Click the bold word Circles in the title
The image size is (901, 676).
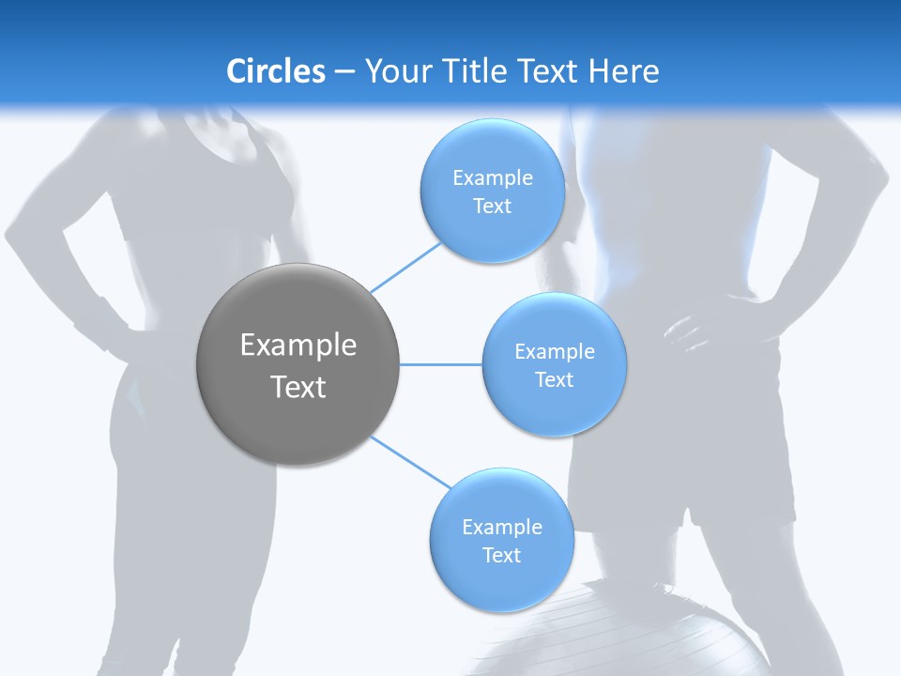pos(275,71)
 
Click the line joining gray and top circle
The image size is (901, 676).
pos(405,267)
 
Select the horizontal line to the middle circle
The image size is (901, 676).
pos(441,364)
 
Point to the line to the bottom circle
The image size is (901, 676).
pos(410,462)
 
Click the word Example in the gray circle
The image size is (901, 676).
pos(298,346)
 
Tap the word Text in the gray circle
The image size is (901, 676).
pos(298,387)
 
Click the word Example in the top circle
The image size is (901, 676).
pos(492,178)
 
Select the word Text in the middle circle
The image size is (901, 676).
pos(554,379)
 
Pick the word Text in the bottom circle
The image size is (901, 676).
pos(501,555)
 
